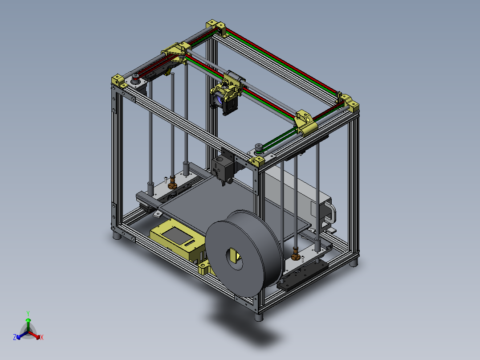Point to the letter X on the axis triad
tap(42, 338)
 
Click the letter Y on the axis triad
tap(28, 313)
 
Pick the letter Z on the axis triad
tap(15, 338)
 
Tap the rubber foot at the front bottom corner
tap(259, 317)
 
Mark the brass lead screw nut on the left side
tap(173, 184)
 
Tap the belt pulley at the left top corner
tap(134, 80)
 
